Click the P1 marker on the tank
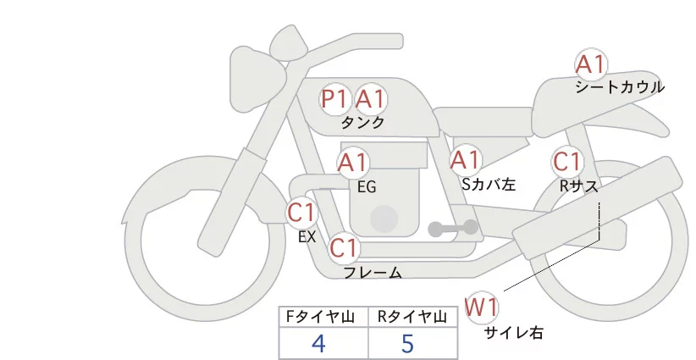point(334,99)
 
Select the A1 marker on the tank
point(370,99)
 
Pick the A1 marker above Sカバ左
point(466,159)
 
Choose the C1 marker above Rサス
point(566,161)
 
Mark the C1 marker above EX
point(301,212)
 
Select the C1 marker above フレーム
point(344,249)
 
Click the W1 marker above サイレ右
point(483,306)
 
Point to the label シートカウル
point(619,87)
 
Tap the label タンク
point(362,123)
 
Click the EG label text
point(367,186)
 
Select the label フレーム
point(373,273)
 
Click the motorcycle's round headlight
point(251,69)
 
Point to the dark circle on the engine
point(385,219)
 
